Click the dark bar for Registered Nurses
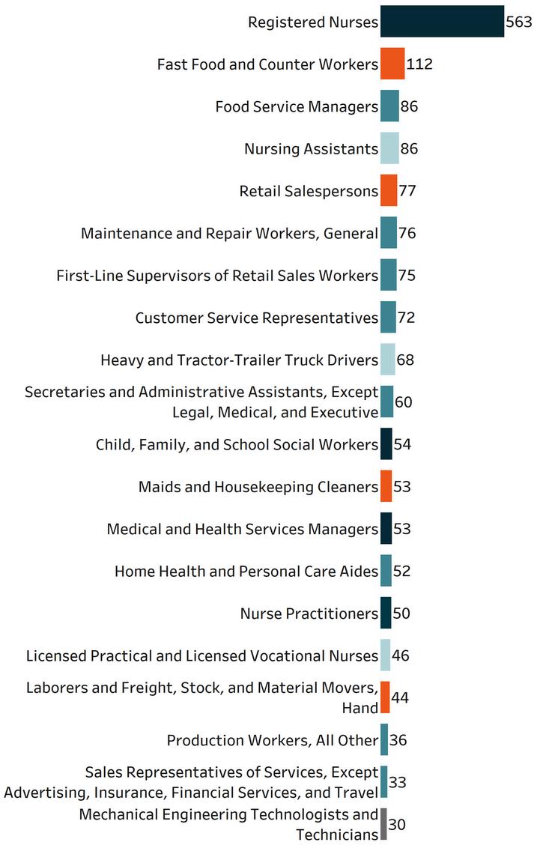pos(442,21)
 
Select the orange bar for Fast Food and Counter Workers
pos(392,64)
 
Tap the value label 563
pos(519,22)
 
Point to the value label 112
pos(419,64)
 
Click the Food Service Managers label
pos(297,106)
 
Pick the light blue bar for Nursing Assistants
pos(389,148)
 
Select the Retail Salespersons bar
pos(389,190)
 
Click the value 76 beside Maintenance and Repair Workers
pos(407,233)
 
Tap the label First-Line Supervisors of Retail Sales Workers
pos(217,275)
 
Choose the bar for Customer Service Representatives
pos(388,317)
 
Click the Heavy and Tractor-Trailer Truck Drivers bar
pos(388,360)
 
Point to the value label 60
pos(404,402)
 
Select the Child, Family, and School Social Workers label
pos(237,444)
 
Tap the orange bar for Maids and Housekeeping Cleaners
pos(386,486)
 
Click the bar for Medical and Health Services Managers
pos(386,528)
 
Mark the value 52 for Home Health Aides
pos(402,571)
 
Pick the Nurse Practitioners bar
pos(386,613)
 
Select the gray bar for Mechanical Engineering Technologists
pos(383,824)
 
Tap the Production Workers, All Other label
pos(273,740)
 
